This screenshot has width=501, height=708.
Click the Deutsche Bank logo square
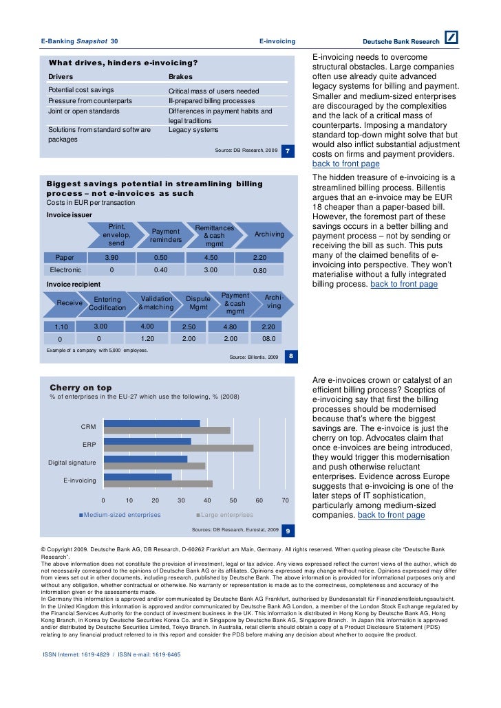(x=451, y=39)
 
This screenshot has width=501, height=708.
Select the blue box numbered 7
(x=289, y=151)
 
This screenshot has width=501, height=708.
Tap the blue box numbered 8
(x=291, y=356)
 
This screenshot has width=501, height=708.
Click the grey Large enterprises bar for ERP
(x=178, y=448)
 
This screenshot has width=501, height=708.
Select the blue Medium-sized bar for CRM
(x=151, y=423)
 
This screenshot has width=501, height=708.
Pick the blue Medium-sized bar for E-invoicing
(x=137, y=476)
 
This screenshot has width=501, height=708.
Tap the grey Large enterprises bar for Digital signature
(x=154, y=466)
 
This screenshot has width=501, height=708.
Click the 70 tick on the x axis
(x=285, y=500)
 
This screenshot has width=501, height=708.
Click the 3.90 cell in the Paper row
(x=111, y=257)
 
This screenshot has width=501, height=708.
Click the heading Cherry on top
(x=81, y=388)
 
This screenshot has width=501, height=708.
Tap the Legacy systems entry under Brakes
(x=193, y=129)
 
